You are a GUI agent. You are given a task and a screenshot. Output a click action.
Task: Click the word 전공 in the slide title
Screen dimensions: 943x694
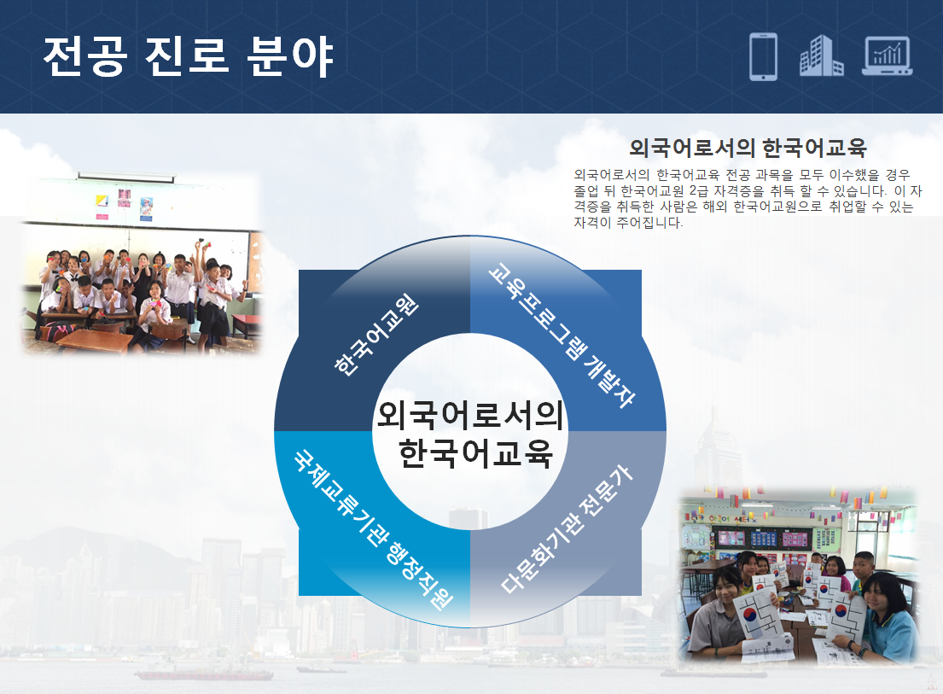click(84, 56)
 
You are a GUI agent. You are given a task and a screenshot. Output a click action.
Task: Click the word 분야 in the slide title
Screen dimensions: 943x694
click(290, 56)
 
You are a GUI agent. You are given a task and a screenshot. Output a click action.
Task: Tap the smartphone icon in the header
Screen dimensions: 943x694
click(763, 56)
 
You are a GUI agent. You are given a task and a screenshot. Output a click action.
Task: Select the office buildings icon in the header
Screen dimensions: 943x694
click(821, 56)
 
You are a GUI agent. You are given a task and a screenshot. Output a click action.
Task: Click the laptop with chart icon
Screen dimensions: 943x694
click(887, 56)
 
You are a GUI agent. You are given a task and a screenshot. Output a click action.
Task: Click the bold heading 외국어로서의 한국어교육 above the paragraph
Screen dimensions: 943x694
click(748, 148)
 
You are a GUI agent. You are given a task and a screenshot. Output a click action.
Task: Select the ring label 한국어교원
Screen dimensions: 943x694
click(375, 335)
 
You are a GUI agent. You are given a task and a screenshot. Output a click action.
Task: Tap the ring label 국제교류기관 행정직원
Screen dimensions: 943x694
click(374, 530)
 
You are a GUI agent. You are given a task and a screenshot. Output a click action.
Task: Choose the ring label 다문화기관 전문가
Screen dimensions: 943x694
click(568, 529)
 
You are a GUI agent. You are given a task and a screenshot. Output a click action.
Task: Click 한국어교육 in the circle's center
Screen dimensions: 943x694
click(475, 452)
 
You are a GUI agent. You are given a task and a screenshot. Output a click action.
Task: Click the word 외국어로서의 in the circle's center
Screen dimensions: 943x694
click(469, 415)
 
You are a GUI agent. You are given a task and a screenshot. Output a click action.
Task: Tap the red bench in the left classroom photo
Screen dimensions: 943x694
click(247, 324)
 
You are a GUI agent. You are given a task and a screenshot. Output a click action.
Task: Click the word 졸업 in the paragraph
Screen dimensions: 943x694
click(586, 191)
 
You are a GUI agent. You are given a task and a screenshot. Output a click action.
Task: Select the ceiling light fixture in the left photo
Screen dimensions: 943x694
click(126, 177)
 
